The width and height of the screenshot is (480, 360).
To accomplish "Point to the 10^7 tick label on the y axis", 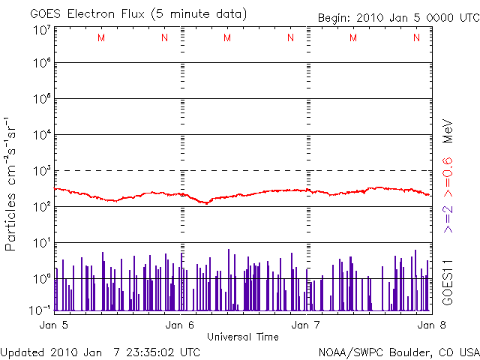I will (x=41, y=31).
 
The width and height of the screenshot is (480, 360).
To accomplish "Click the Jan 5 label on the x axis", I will (x=53, y=325).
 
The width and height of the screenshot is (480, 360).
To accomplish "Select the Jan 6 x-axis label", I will (x=180, y=325).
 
